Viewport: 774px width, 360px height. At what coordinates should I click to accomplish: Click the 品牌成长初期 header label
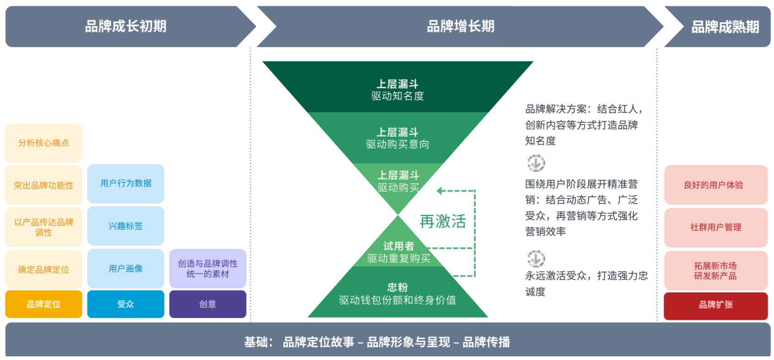point(125,27)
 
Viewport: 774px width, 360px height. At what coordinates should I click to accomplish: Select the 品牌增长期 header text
point(460,27)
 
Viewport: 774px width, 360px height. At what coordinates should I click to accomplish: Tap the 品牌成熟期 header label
point(725,27)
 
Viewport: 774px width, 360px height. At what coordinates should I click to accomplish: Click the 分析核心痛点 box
point(43,143)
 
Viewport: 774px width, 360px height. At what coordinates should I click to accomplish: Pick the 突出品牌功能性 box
point(43,185)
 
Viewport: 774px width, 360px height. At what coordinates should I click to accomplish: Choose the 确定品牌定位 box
point(43,269)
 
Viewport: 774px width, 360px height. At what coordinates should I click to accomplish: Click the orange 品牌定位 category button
point(43,304)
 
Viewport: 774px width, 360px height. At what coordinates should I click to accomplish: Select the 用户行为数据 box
point(126,183)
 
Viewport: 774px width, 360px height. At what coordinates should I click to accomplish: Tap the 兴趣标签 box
point(126,226)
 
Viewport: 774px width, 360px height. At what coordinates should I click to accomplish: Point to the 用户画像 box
point(126,269)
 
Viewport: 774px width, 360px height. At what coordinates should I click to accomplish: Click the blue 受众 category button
point(126,304)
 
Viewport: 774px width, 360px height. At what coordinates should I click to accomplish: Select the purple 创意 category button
point(208,304)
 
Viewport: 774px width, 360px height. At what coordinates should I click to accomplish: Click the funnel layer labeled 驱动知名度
point(398,90)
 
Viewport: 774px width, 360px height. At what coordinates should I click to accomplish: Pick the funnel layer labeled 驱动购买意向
point(398,138)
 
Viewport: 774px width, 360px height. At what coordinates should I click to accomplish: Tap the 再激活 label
point(443,221)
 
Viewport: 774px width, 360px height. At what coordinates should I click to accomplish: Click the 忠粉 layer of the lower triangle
point(398,293)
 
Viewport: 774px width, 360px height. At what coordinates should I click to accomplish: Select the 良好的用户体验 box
point(716,185)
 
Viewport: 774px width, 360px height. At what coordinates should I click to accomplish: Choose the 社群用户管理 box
point(716,227)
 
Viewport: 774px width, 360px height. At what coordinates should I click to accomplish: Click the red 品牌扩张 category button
point(716,305)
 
